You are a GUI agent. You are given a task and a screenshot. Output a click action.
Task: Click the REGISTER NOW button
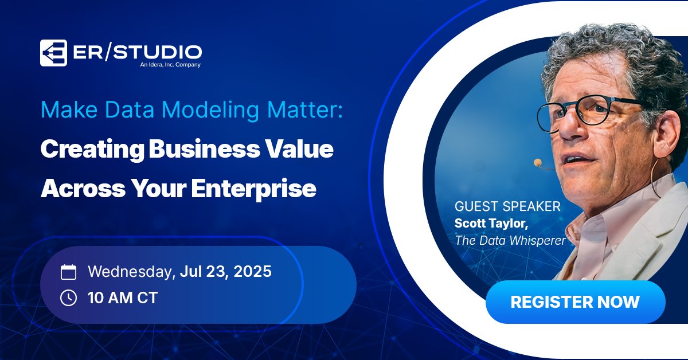click(575, 302)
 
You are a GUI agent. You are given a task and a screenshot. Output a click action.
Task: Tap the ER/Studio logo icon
click(53, 53)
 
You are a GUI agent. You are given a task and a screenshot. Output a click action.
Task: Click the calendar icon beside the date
click(68, 272)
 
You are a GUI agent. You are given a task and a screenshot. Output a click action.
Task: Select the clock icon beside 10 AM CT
click(68, 298)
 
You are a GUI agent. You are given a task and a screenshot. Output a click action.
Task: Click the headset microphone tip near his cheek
click(538, 163)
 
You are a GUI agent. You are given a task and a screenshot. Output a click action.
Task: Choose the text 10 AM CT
click(122, 298)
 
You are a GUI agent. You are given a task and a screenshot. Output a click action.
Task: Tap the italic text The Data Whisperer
click(510, 240)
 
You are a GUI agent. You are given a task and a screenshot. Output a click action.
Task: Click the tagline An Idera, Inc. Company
click(170, 65)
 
